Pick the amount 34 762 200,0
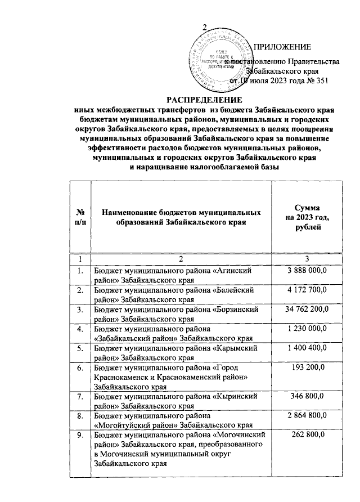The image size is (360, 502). pos(307,310)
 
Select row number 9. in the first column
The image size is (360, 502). pos(81,436)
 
